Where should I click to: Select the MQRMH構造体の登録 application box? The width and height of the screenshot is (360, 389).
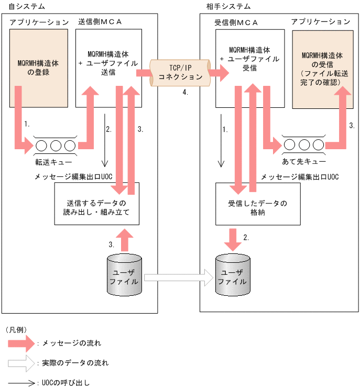[x=38, y=68]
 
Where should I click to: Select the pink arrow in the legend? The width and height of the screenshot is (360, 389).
[x=21, y=344]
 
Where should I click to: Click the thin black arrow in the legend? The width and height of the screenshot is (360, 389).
[x=21, y=383]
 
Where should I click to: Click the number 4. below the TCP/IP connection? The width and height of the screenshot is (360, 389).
[x=185, y=92]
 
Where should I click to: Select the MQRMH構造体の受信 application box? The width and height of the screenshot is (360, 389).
[x=321, y=68]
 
